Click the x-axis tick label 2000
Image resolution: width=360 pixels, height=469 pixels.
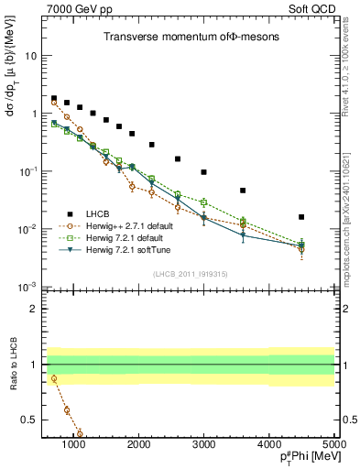[138, 444]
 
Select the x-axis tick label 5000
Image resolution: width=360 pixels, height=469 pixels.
[333, 444]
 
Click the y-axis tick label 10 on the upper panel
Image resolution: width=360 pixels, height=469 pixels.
[30, 56]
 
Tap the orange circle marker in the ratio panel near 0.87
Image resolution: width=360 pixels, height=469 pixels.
[54, 378]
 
